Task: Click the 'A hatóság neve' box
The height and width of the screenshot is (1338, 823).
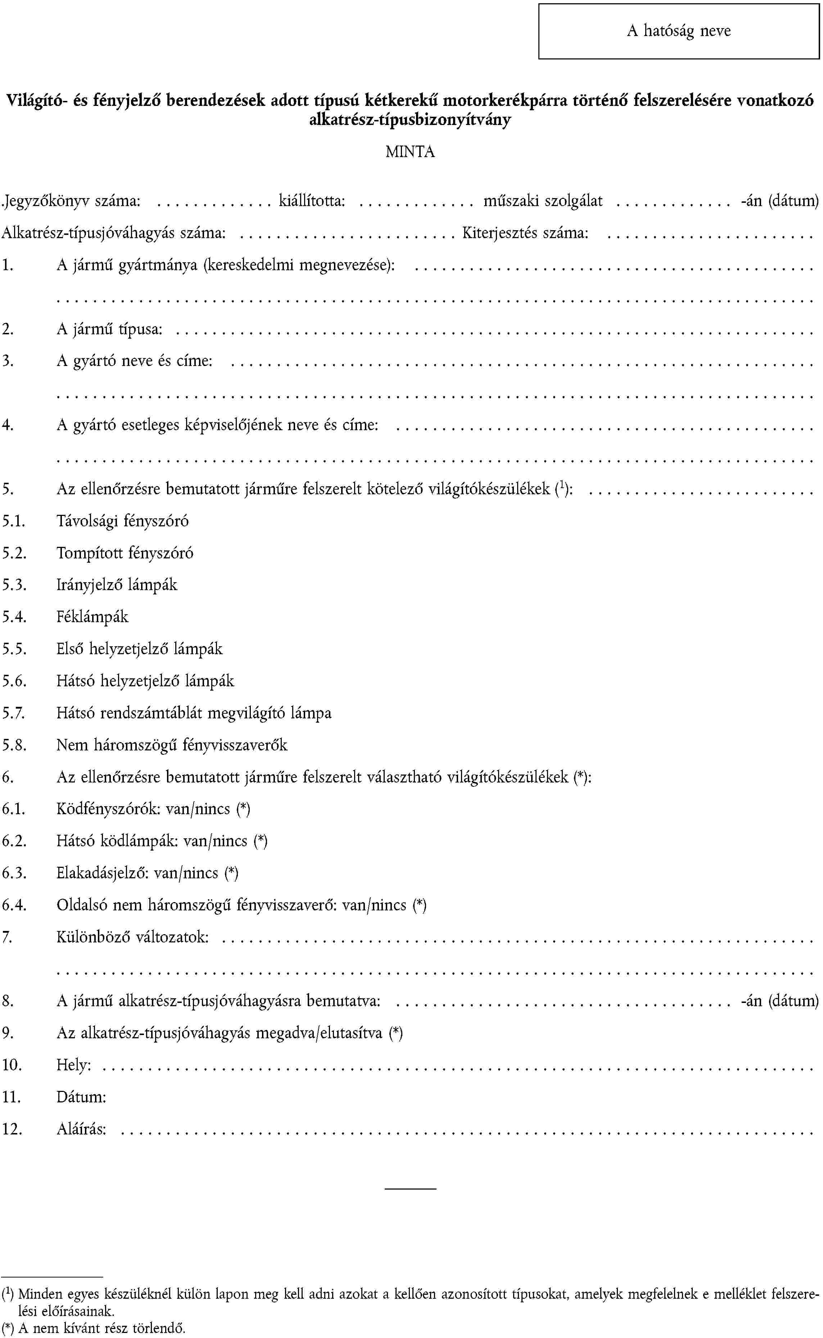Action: coord(678,31)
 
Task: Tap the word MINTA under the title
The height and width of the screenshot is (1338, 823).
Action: coord(410,151)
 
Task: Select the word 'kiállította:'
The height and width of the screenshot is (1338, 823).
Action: coord(312,201)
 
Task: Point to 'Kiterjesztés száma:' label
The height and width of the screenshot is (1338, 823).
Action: coord(525,233)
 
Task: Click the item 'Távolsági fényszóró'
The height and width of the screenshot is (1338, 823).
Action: coord(122,521)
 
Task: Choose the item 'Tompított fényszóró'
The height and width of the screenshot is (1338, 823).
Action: coord(125,553)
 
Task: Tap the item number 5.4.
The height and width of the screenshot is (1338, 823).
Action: coord(14,617)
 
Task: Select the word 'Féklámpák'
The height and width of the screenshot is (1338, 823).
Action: coord(92,617)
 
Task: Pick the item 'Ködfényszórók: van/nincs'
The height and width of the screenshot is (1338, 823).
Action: coord(153,809)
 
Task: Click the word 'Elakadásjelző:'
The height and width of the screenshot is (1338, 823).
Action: coord(103,873)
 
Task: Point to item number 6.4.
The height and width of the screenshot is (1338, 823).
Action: coord(14,905)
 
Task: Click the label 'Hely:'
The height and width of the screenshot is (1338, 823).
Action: coord(73,1065)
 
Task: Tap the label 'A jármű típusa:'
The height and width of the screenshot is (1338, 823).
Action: coord(109,329)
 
